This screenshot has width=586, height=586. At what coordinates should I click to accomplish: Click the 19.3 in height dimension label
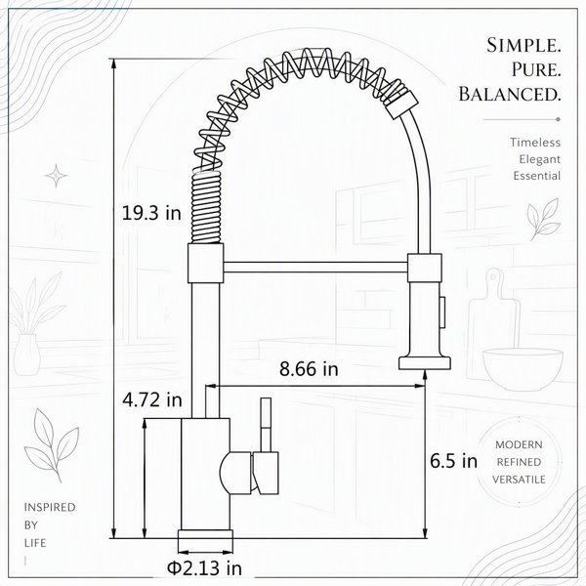[151, 213]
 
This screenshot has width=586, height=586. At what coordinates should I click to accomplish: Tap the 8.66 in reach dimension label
[309, 369]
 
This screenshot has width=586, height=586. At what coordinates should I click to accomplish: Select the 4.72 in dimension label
[152, 400]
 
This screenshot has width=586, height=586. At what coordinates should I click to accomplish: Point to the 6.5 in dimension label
[453, 461]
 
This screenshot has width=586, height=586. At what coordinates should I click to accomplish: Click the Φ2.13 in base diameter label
[204, 568]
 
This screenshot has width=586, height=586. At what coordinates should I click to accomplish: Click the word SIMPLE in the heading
[523, 46]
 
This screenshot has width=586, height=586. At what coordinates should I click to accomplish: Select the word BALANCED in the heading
[510, 94]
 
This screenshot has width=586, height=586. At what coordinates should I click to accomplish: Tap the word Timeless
[535, 143]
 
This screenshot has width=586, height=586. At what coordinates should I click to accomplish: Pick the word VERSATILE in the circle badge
[519, 480]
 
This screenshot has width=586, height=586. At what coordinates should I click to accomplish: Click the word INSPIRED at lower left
[50, 507]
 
